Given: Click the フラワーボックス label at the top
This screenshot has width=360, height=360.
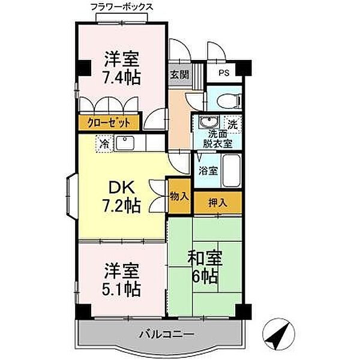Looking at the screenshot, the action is pyautogui.click(x=122, y=7).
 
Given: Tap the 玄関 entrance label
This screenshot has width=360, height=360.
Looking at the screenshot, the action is pyautogui.click(x=179, y=74).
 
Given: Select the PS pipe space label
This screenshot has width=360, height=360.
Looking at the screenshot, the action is pyautogui.click(x=224, y=73).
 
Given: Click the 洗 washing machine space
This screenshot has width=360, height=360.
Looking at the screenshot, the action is pyautogui.click(x=233, y=124).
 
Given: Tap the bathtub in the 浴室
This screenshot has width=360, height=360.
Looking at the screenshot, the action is pyautogui.click(x=232, y=170).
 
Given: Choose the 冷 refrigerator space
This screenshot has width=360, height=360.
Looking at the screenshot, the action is pyautogui.click(x=104, y=144).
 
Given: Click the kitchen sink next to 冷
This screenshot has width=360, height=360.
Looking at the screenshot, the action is pyautogui.click(x=125, y=143).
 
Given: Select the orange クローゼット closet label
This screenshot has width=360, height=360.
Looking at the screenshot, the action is pyautogui.click(x=109, y=122).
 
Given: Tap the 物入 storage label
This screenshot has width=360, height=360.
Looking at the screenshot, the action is pyautogui.click(x=179, y=197).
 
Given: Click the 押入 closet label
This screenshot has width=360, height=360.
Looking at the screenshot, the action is pyautogui.click(x=218, y=203).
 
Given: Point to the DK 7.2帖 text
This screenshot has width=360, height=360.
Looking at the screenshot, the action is pyautogui.click(x=121, y=197).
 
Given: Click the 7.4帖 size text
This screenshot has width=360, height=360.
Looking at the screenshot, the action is pyautogui.click(x=121, y=77).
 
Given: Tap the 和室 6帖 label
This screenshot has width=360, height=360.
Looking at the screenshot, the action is pyautogui.click(x=205, y=267).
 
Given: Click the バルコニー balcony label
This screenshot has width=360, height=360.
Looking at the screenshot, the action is pyautogui.click(x=167, y=335).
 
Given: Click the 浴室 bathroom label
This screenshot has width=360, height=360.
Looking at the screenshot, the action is pyautogui.click(x=208, y=170).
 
